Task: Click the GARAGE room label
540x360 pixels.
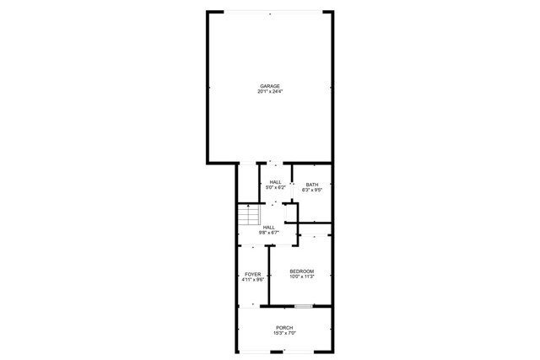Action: (270, 85)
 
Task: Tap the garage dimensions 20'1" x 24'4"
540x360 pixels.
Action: (270, 91)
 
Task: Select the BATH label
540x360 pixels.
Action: (311, 185)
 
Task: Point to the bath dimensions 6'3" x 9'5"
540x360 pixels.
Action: (311, 191)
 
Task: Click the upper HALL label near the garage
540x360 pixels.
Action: (275, 182)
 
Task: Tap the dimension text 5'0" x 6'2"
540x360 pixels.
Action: (275, 188)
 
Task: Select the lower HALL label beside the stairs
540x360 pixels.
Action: (269, 227)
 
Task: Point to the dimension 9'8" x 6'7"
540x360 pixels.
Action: (269, 233)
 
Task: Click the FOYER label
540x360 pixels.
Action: (252, 274)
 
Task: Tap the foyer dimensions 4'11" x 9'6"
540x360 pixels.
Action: (252, 280)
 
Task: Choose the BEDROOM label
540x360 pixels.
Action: (301, 271)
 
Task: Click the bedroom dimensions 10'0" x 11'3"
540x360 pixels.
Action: (301, 277)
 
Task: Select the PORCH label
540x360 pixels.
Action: (283, 327)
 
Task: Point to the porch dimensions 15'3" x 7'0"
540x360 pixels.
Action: (283, 333)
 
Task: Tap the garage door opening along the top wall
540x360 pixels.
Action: (270, 12)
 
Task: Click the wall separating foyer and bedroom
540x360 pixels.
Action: (267, 274)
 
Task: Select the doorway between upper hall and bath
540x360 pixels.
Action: (291, 191)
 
